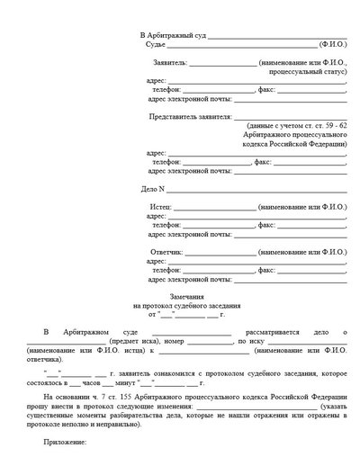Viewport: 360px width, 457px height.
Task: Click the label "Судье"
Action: [x=155, y=44]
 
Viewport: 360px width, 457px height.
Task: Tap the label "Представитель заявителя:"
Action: [x=187, y=117]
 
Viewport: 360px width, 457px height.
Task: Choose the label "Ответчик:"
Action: [x=163, y=252]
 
